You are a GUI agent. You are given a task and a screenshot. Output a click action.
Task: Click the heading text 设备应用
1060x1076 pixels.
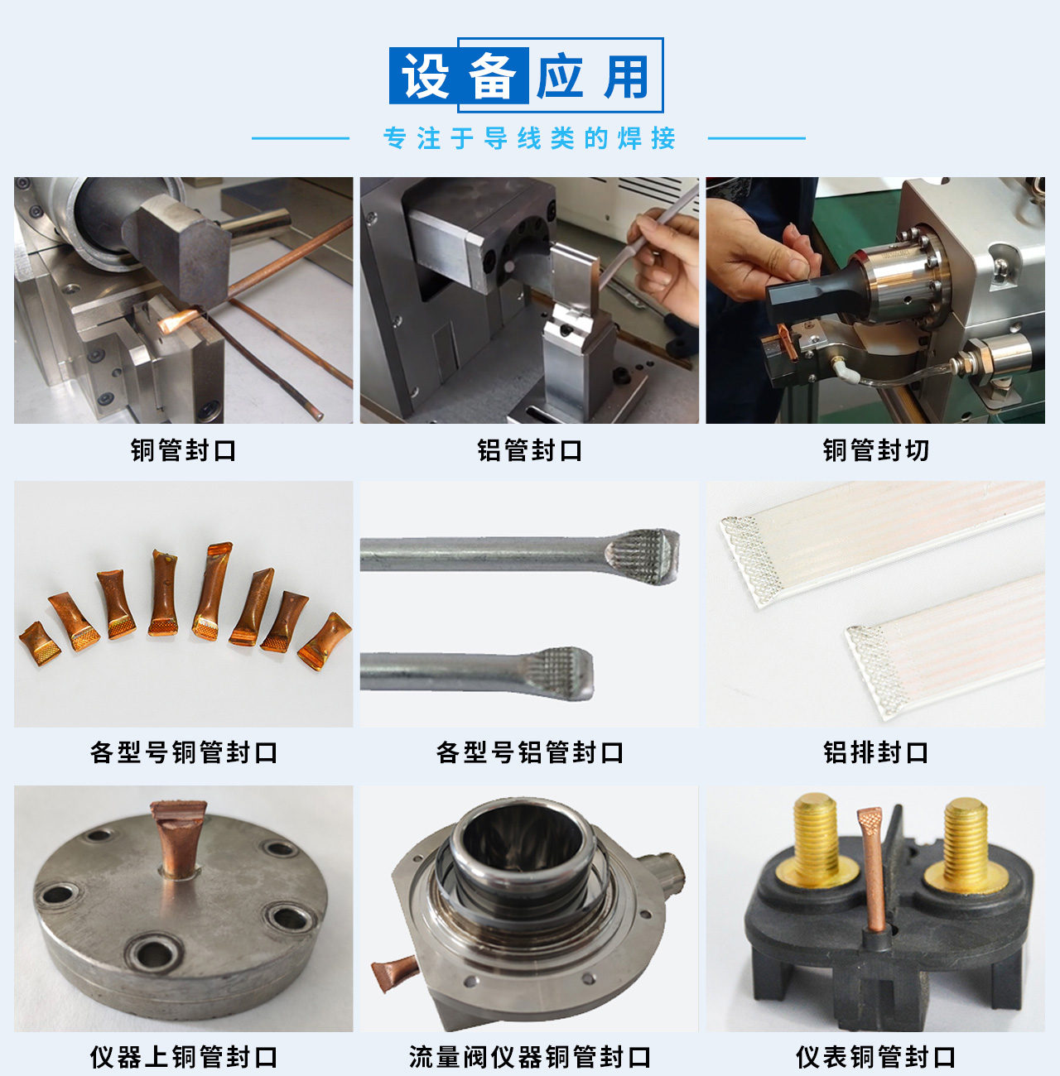pyautogui.click(x=526, y=76)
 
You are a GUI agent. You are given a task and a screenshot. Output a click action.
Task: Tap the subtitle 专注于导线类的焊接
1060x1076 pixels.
pyautogui.click(x=529, y=138)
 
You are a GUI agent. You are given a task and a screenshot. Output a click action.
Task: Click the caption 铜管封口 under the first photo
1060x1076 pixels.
pyautogui.click(x=184, y=450)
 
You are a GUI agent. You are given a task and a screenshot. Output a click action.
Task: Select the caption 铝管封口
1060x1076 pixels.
pyautogui.click(x=530, y=450)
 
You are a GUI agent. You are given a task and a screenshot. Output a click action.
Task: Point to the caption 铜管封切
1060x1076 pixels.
pyautogui.click(x=876, y=450)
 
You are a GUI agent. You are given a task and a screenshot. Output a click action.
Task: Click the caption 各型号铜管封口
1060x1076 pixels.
pyautogui.click(x=184, y=752)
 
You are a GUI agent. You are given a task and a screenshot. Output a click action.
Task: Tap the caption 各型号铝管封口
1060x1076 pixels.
pyautogui.click(x=530, y=752)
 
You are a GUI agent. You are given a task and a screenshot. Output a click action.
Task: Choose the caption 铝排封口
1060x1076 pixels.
pyautogui.click(x=876, y=752)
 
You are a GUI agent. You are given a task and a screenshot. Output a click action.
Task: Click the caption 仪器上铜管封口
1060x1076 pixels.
pyautogui.click(x=184, y=1057)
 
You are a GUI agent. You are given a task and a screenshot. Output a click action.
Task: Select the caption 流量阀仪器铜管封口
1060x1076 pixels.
pyautogui.click(x=530, y=1057)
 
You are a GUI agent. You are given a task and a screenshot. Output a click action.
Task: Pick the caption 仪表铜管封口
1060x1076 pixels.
pyautogui.click(x=876, y=1057)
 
